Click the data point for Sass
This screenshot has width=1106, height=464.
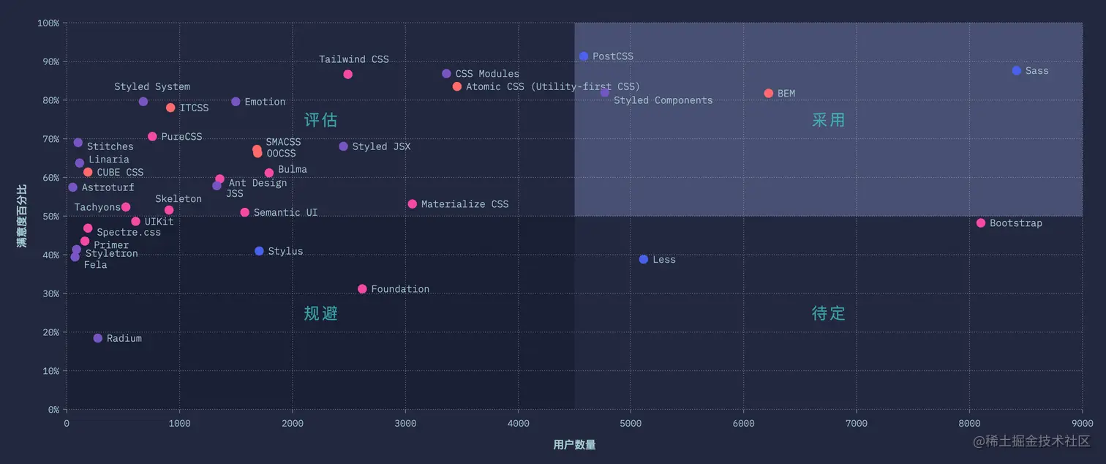(1016, 70)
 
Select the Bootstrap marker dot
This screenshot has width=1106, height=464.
(981, 222)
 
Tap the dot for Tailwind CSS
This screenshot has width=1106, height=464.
(347, 74)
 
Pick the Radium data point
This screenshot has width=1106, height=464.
(98, 338)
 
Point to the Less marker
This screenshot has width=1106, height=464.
(644, 259)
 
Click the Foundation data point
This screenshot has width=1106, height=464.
(362, 289)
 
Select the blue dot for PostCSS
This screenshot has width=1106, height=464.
(584, 56)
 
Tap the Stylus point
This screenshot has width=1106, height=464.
(259, 251)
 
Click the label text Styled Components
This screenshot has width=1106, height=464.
(663, 100)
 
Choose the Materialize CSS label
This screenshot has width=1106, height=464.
(464, 204)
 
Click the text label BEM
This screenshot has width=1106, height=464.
(786, 94)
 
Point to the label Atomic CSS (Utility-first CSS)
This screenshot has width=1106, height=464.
(553, 87)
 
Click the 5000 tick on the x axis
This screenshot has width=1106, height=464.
(631, 424)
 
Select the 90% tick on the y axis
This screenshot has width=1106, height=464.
(48, 61)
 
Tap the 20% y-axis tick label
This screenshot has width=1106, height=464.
(48, 332)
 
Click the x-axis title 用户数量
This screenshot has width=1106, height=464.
(574, 445)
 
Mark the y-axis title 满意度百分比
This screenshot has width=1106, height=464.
(22, 216)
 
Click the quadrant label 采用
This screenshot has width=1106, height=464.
(828, 120)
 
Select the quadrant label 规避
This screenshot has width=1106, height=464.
(320, 313)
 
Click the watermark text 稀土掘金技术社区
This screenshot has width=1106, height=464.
(1038, 441)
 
